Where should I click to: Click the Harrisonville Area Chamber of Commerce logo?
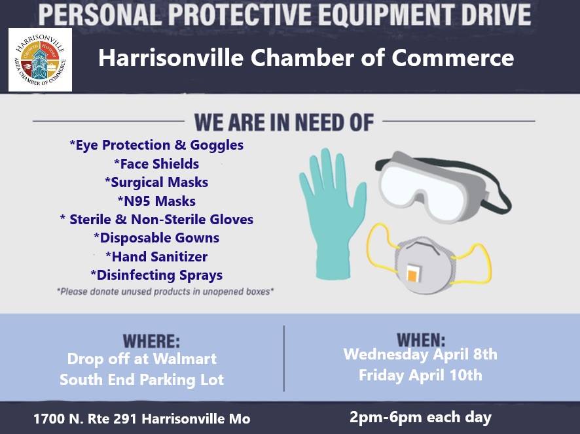(40, 60)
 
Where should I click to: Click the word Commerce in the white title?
(452, 58)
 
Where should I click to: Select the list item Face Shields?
(156, 163)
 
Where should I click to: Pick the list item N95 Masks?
(156, 201)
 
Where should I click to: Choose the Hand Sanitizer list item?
(156, 256)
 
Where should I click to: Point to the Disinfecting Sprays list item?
(156, 275)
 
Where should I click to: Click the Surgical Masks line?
(156, 182)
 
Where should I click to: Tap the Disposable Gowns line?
(156, 238)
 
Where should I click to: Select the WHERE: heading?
(151, 341)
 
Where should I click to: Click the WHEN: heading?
(421, 339)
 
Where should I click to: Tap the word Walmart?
(185, 359)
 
